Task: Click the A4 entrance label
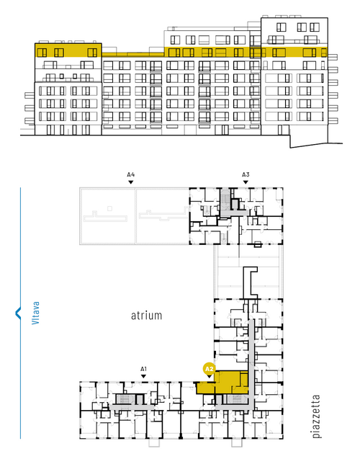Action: coord(131,174)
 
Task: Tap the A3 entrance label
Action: coord(246,174)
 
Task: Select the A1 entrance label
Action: coord(143,369)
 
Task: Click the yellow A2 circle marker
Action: coord(209,369)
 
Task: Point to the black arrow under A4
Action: coord(131,182)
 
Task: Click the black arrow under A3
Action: coord(246,182)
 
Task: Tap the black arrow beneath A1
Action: coord(143,376)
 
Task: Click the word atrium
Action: coord(146,316)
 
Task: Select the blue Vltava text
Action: coord(35,313)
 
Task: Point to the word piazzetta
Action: coord(316,416)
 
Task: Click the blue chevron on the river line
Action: coord(18,313)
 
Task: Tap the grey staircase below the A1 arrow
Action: coord(125,399)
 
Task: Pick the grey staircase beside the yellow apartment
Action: coord(235,399)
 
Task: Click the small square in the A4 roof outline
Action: coord(109,208)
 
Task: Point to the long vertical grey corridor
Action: coord(251,363)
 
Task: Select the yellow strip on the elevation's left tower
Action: coord(68,50)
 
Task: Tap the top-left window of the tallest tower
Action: coord(281,27)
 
